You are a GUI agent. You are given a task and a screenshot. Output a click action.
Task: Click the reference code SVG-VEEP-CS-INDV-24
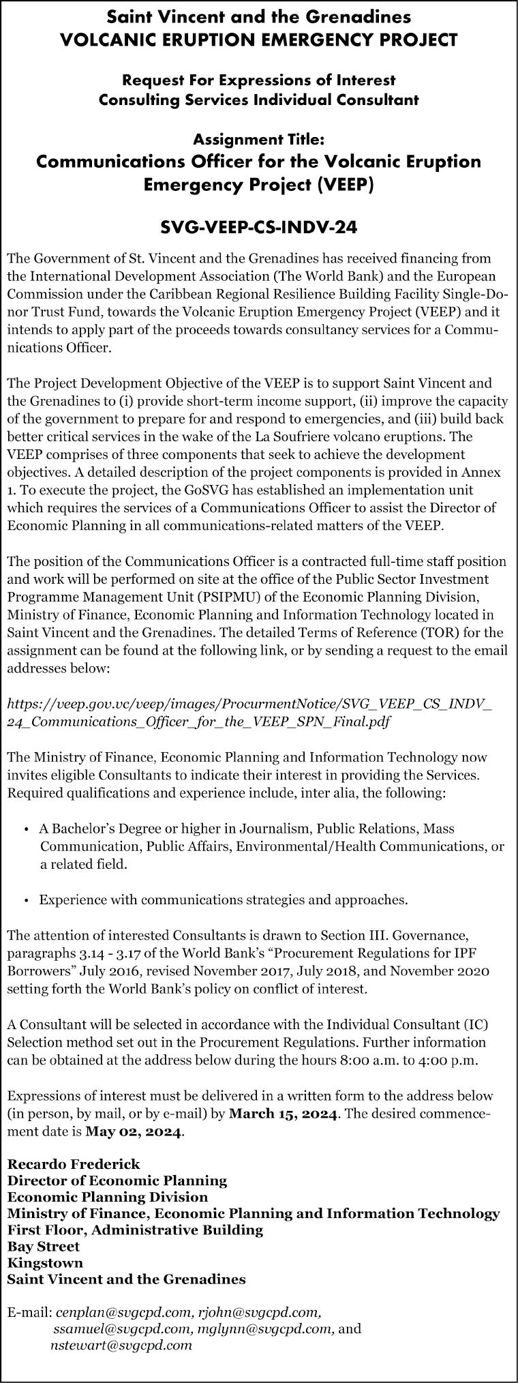(x=258, y=227)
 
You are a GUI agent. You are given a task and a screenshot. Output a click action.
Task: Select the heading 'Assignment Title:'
(x=258, y=140)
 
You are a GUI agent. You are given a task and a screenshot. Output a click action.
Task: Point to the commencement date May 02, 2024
(x=134, y=1132)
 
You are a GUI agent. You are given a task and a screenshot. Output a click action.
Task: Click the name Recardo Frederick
(x=74, y=1163)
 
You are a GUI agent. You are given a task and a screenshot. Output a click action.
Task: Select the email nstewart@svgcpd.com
(x=121, y=1345)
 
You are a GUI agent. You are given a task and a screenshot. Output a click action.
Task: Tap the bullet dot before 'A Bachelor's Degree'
(x=26, y=830)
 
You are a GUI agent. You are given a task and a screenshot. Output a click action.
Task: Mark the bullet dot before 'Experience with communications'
(x=26, y=900)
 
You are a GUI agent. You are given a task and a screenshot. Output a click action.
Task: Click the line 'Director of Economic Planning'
(x=117, y=1180)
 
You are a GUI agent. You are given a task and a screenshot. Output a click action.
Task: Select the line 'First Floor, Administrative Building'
(x=135, y=1230)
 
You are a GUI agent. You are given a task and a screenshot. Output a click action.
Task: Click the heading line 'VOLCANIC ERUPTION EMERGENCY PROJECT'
(x=258, y=40)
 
